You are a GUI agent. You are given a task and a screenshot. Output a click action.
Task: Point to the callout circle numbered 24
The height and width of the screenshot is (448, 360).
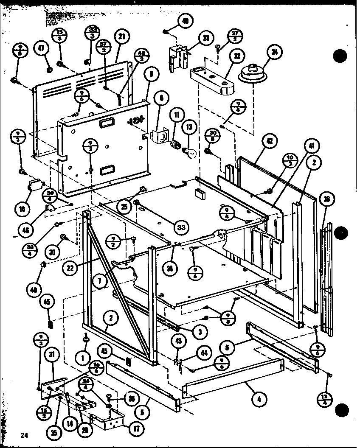[x=274, y=53]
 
